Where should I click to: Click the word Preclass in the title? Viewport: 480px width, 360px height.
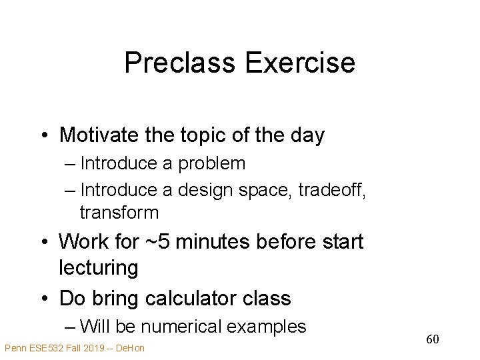point(181,63)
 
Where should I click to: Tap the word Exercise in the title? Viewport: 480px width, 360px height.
point(300,63)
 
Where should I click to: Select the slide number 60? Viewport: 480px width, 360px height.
point(432,340)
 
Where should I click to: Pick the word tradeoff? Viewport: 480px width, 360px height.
point(330,189)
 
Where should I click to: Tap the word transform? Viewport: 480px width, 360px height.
point(119,213)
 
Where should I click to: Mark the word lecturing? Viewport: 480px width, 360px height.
point(99,268)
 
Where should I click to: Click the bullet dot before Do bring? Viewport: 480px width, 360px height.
point(43,298)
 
